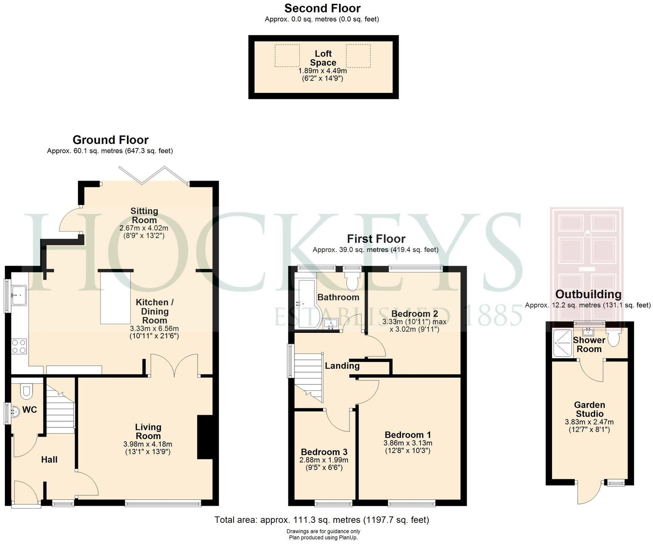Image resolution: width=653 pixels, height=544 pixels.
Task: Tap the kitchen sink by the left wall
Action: tap(19, 295)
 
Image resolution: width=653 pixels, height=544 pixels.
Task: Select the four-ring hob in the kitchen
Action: tap(19, 346)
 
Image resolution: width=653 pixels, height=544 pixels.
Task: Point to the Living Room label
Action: tap(148, 431)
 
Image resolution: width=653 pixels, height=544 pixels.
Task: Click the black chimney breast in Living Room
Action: tap(205, 437)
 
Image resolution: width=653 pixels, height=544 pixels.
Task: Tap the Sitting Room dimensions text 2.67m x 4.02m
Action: tap(144, 228)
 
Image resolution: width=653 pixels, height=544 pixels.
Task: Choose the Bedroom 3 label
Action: tap(324, 452)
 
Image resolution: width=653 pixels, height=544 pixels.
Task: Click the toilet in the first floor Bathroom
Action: tap(353, 281)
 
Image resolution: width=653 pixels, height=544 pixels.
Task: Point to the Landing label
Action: tap(342, 366)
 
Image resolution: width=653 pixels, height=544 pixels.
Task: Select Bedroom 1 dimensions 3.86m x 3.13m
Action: tap(408, 443)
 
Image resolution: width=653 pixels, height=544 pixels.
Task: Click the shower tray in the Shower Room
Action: tap(563, 343)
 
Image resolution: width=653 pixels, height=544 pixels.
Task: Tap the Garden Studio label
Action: tap(589, 410)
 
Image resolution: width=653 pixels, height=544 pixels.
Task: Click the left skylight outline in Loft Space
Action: tap(287, 56)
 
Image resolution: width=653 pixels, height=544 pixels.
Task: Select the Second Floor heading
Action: tap(322, 8)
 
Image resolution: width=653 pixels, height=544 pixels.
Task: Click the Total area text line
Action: tap(322, 520)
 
